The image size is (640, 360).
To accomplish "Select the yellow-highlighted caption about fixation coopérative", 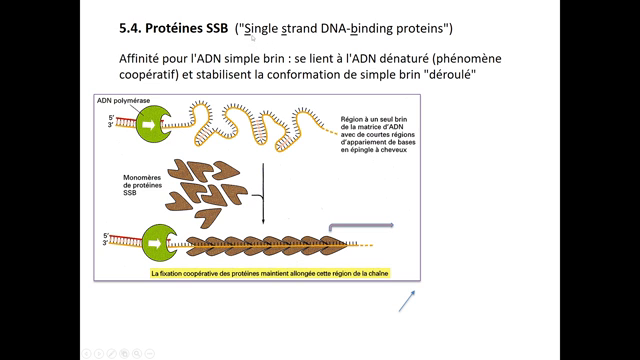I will pos(270,273).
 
